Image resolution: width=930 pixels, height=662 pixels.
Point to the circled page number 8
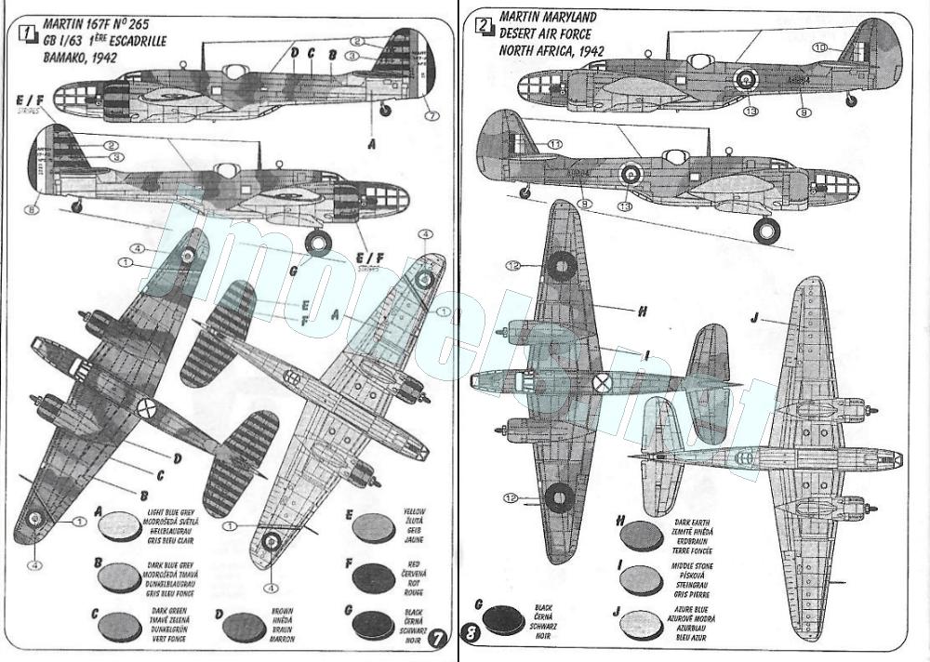pos(472,636)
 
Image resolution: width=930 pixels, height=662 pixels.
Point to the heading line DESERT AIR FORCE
pos(544,33)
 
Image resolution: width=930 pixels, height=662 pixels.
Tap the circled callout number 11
pos(555,144)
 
